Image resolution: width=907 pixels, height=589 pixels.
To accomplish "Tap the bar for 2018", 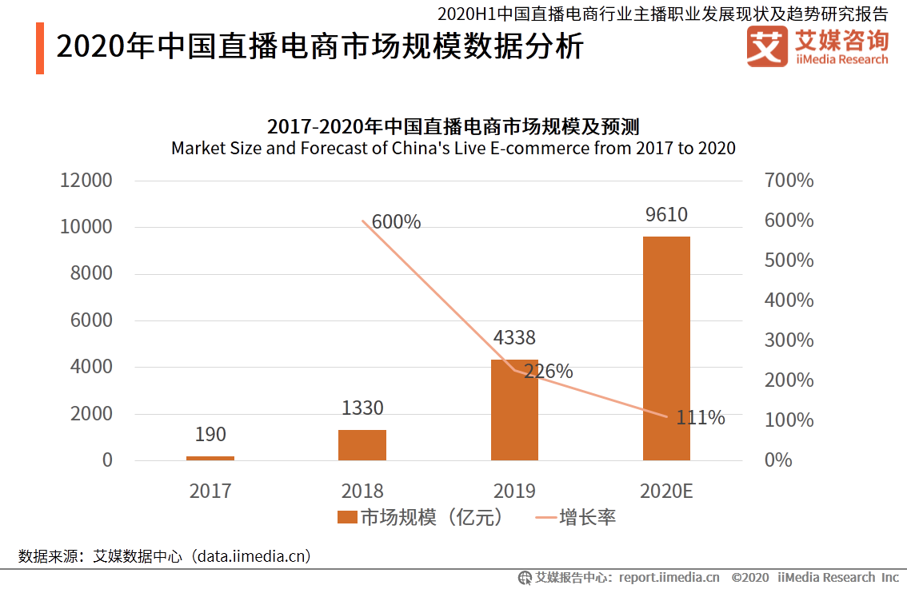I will [x=362, y=445].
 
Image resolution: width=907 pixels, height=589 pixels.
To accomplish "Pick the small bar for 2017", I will [x=210, y=458].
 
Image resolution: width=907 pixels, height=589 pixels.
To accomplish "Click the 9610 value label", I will [x=665, y=214].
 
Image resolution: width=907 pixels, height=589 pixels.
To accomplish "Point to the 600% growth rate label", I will [x=396, y=222].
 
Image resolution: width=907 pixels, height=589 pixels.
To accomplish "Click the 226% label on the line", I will [x=548, y=372].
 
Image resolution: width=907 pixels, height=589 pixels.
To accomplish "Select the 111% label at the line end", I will [x=700, y=417].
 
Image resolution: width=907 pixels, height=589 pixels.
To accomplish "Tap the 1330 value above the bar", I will [x=362, y=408].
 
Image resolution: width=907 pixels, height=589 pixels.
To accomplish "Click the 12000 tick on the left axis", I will [x=86, y=181].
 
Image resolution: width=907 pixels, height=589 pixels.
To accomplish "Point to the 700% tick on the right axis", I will [x=789, y=181].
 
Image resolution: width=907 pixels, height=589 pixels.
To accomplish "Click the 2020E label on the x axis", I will [x=665, y=491].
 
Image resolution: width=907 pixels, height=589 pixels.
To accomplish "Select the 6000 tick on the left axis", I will [x=90, y=321].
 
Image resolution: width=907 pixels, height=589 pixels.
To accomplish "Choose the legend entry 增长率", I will [x=575, y=518].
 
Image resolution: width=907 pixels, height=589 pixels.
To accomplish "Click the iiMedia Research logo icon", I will [x=766, y=46].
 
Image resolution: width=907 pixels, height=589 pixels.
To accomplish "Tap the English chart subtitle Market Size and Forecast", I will [x=453, y=148].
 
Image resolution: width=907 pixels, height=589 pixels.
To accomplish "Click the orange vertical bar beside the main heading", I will [x=40, y=49].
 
